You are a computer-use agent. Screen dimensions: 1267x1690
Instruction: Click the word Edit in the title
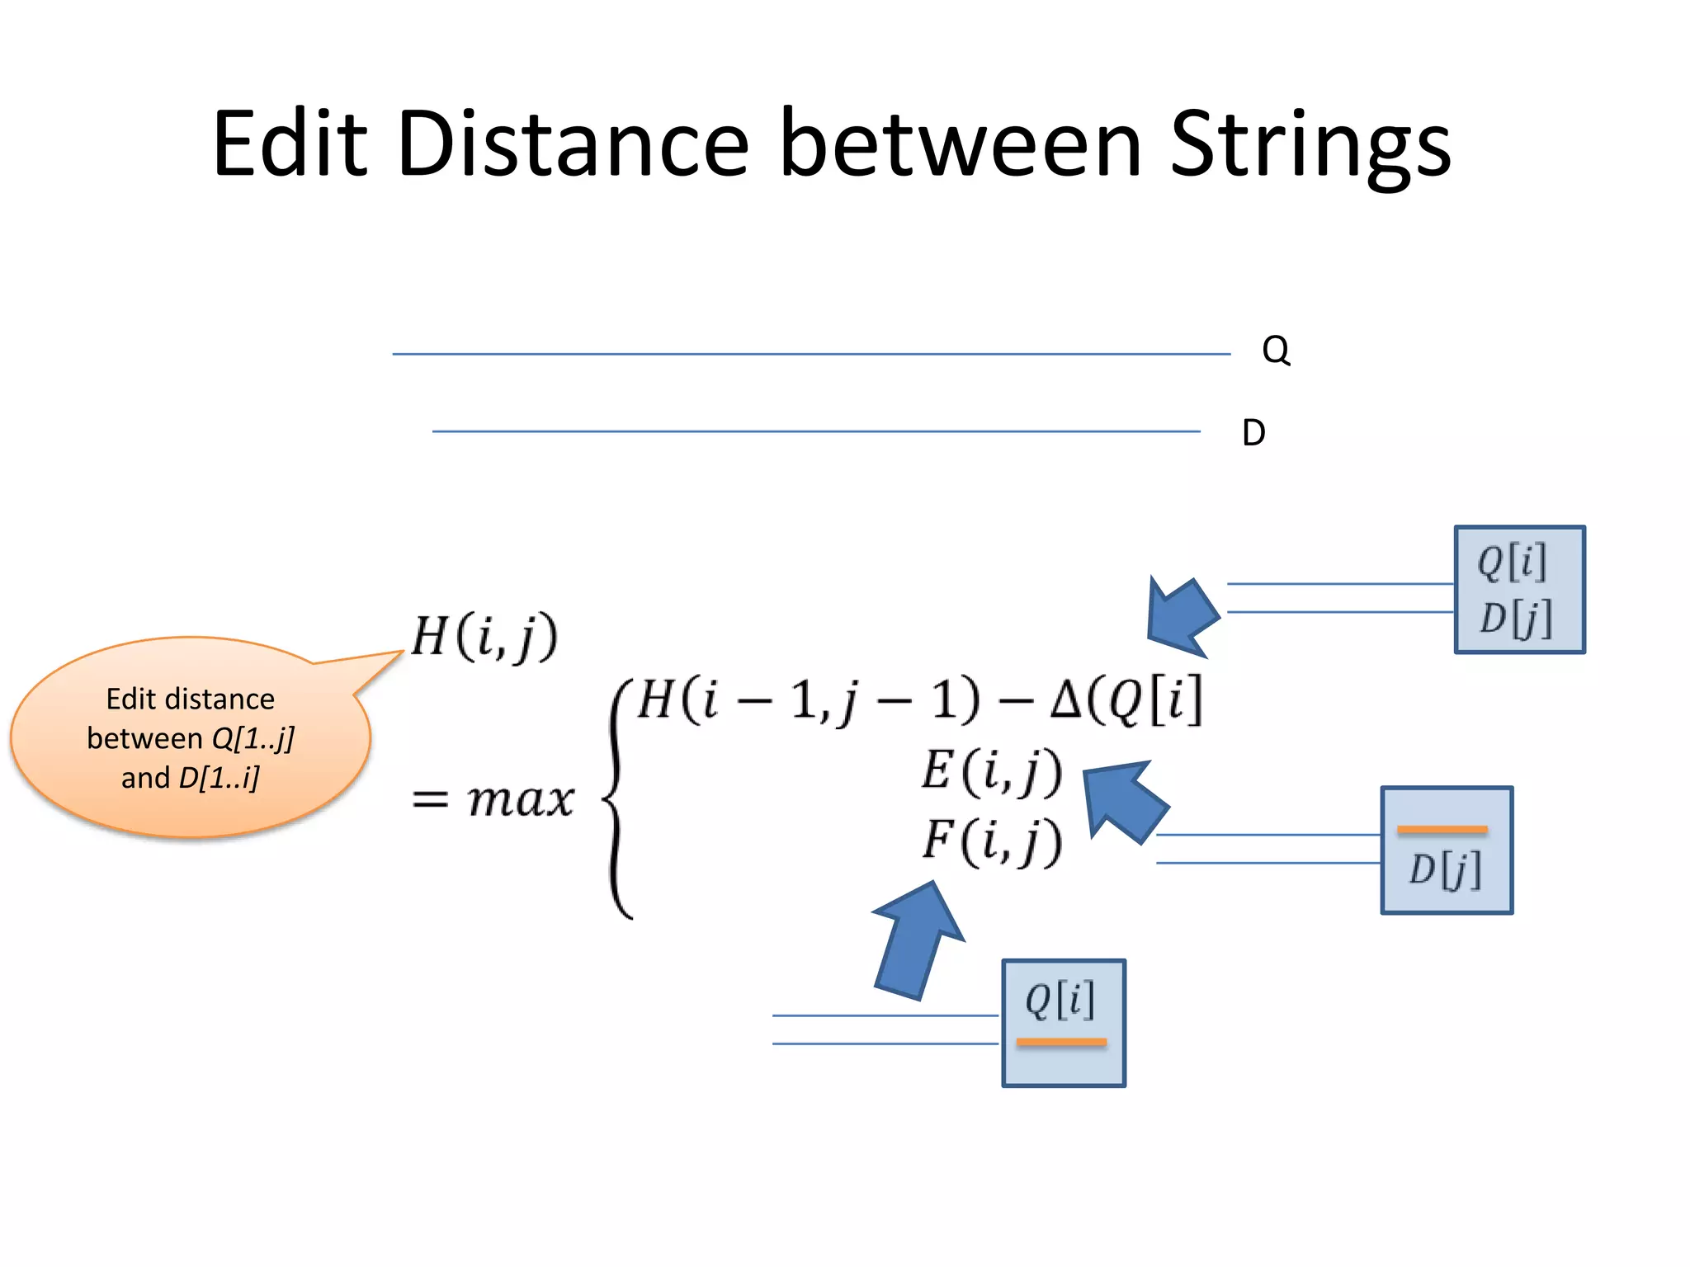point(289,144)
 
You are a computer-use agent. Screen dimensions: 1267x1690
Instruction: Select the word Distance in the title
point(573,144)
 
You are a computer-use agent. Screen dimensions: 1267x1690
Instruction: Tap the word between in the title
point(961,144)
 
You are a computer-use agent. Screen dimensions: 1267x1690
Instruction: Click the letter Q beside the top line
point(1275,351)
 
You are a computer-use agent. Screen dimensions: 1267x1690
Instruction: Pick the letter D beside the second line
point(1253,432)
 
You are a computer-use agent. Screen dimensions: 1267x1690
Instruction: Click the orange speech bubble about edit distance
point(190,737)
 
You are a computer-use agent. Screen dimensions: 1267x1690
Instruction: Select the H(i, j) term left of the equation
point(484,637)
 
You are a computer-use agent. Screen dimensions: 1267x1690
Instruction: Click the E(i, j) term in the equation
point(991,772)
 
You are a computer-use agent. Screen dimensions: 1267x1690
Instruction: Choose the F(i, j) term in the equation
point(991,841)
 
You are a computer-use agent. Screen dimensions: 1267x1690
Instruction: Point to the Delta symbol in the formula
point(1065,701)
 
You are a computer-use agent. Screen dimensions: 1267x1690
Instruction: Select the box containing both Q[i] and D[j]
point(1518,590)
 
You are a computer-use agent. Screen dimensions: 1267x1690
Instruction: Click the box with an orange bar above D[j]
point(1446,850)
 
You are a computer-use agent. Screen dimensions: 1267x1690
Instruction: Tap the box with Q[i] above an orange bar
point(1063,1023)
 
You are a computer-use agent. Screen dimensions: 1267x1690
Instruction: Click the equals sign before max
point(430,798)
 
